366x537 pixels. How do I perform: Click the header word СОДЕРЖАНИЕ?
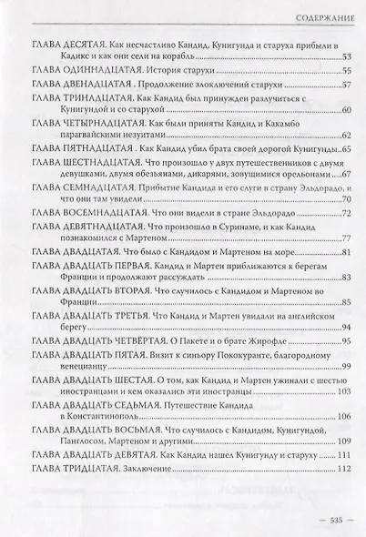tap(314, 16)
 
